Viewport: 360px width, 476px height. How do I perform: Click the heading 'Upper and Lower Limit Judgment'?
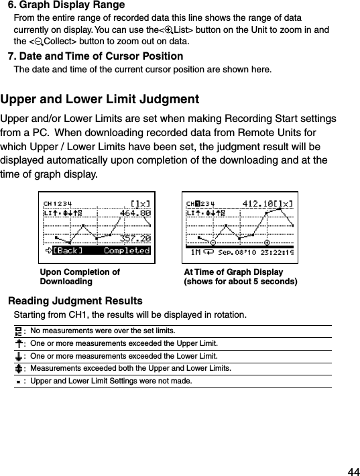click(x=100, y=100)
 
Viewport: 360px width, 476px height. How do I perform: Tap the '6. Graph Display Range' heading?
click(x=66, y=5)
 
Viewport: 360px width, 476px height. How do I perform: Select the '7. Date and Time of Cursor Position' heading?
click(x=95, y=56)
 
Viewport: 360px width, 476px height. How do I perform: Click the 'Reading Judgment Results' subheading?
click(x=74, y=300)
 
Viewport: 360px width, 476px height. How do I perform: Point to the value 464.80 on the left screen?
click(x=134, y=213)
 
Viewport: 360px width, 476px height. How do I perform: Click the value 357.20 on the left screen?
click(x=134, y=238)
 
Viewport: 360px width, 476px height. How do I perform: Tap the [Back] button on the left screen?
click(x=68, y=251)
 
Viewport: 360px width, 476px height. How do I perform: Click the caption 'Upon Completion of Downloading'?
click(x=80, y=277)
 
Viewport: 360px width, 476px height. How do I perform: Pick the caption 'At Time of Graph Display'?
click(x=233, y=272)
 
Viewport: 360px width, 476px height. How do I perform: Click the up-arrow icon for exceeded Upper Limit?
click(x=18, y=343)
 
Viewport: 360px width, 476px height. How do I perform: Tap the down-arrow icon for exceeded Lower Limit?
click(x=18, y=355)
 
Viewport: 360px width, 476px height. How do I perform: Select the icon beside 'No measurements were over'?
click(x=18, y=331)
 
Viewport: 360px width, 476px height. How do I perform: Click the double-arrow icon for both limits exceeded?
click(x=18, y=368)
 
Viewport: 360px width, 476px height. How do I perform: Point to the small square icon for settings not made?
click(x=18, y=381)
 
